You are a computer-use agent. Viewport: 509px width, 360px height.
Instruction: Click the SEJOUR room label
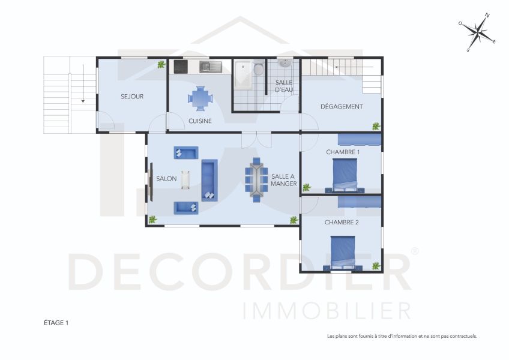click(x=132, y=97)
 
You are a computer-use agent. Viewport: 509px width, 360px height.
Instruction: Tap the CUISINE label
click(x=200, y=121)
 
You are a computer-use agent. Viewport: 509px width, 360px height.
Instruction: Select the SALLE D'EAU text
click(x=284, y=86)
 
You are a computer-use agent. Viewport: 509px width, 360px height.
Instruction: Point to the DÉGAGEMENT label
click(x=342, y=106)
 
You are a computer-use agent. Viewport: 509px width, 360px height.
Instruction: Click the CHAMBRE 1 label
click(x=343, y=152)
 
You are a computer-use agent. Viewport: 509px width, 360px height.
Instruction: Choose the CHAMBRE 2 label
click(x=342, y=223)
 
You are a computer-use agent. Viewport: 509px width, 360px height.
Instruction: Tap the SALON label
click(x=166, y=179)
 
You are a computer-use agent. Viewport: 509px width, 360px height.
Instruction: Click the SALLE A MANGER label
click(x=284, y=180)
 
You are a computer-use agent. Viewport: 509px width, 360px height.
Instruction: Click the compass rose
click(x=478, y=32)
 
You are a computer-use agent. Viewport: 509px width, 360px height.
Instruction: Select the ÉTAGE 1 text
click(x=56, y=323)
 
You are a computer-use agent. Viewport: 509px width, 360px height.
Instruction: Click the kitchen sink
click(x=210, y=67)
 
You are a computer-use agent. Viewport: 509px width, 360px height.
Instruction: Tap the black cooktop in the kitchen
click(x=181, y=67)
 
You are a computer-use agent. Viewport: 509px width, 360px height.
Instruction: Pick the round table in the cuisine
click(x=200, y=98)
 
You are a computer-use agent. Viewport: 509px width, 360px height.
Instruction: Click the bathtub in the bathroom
click(x=243, y=76)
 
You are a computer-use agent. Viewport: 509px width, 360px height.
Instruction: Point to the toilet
click(x=258, y=68)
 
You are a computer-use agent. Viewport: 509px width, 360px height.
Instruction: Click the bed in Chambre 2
click(x=343, y=253)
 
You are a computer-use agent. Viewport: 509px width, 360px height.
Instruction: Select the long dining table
click(x=256, y=179)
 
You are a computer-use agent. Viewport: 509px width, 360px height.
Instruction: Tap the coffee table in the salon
click(x=185, y=179)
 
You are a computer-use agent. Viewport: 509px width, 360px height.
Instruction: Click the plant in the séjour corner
click(x=161, y=64)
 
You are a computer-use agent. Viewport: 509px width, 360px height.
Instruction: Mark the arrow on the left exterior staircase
click(x=83, y=84)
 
